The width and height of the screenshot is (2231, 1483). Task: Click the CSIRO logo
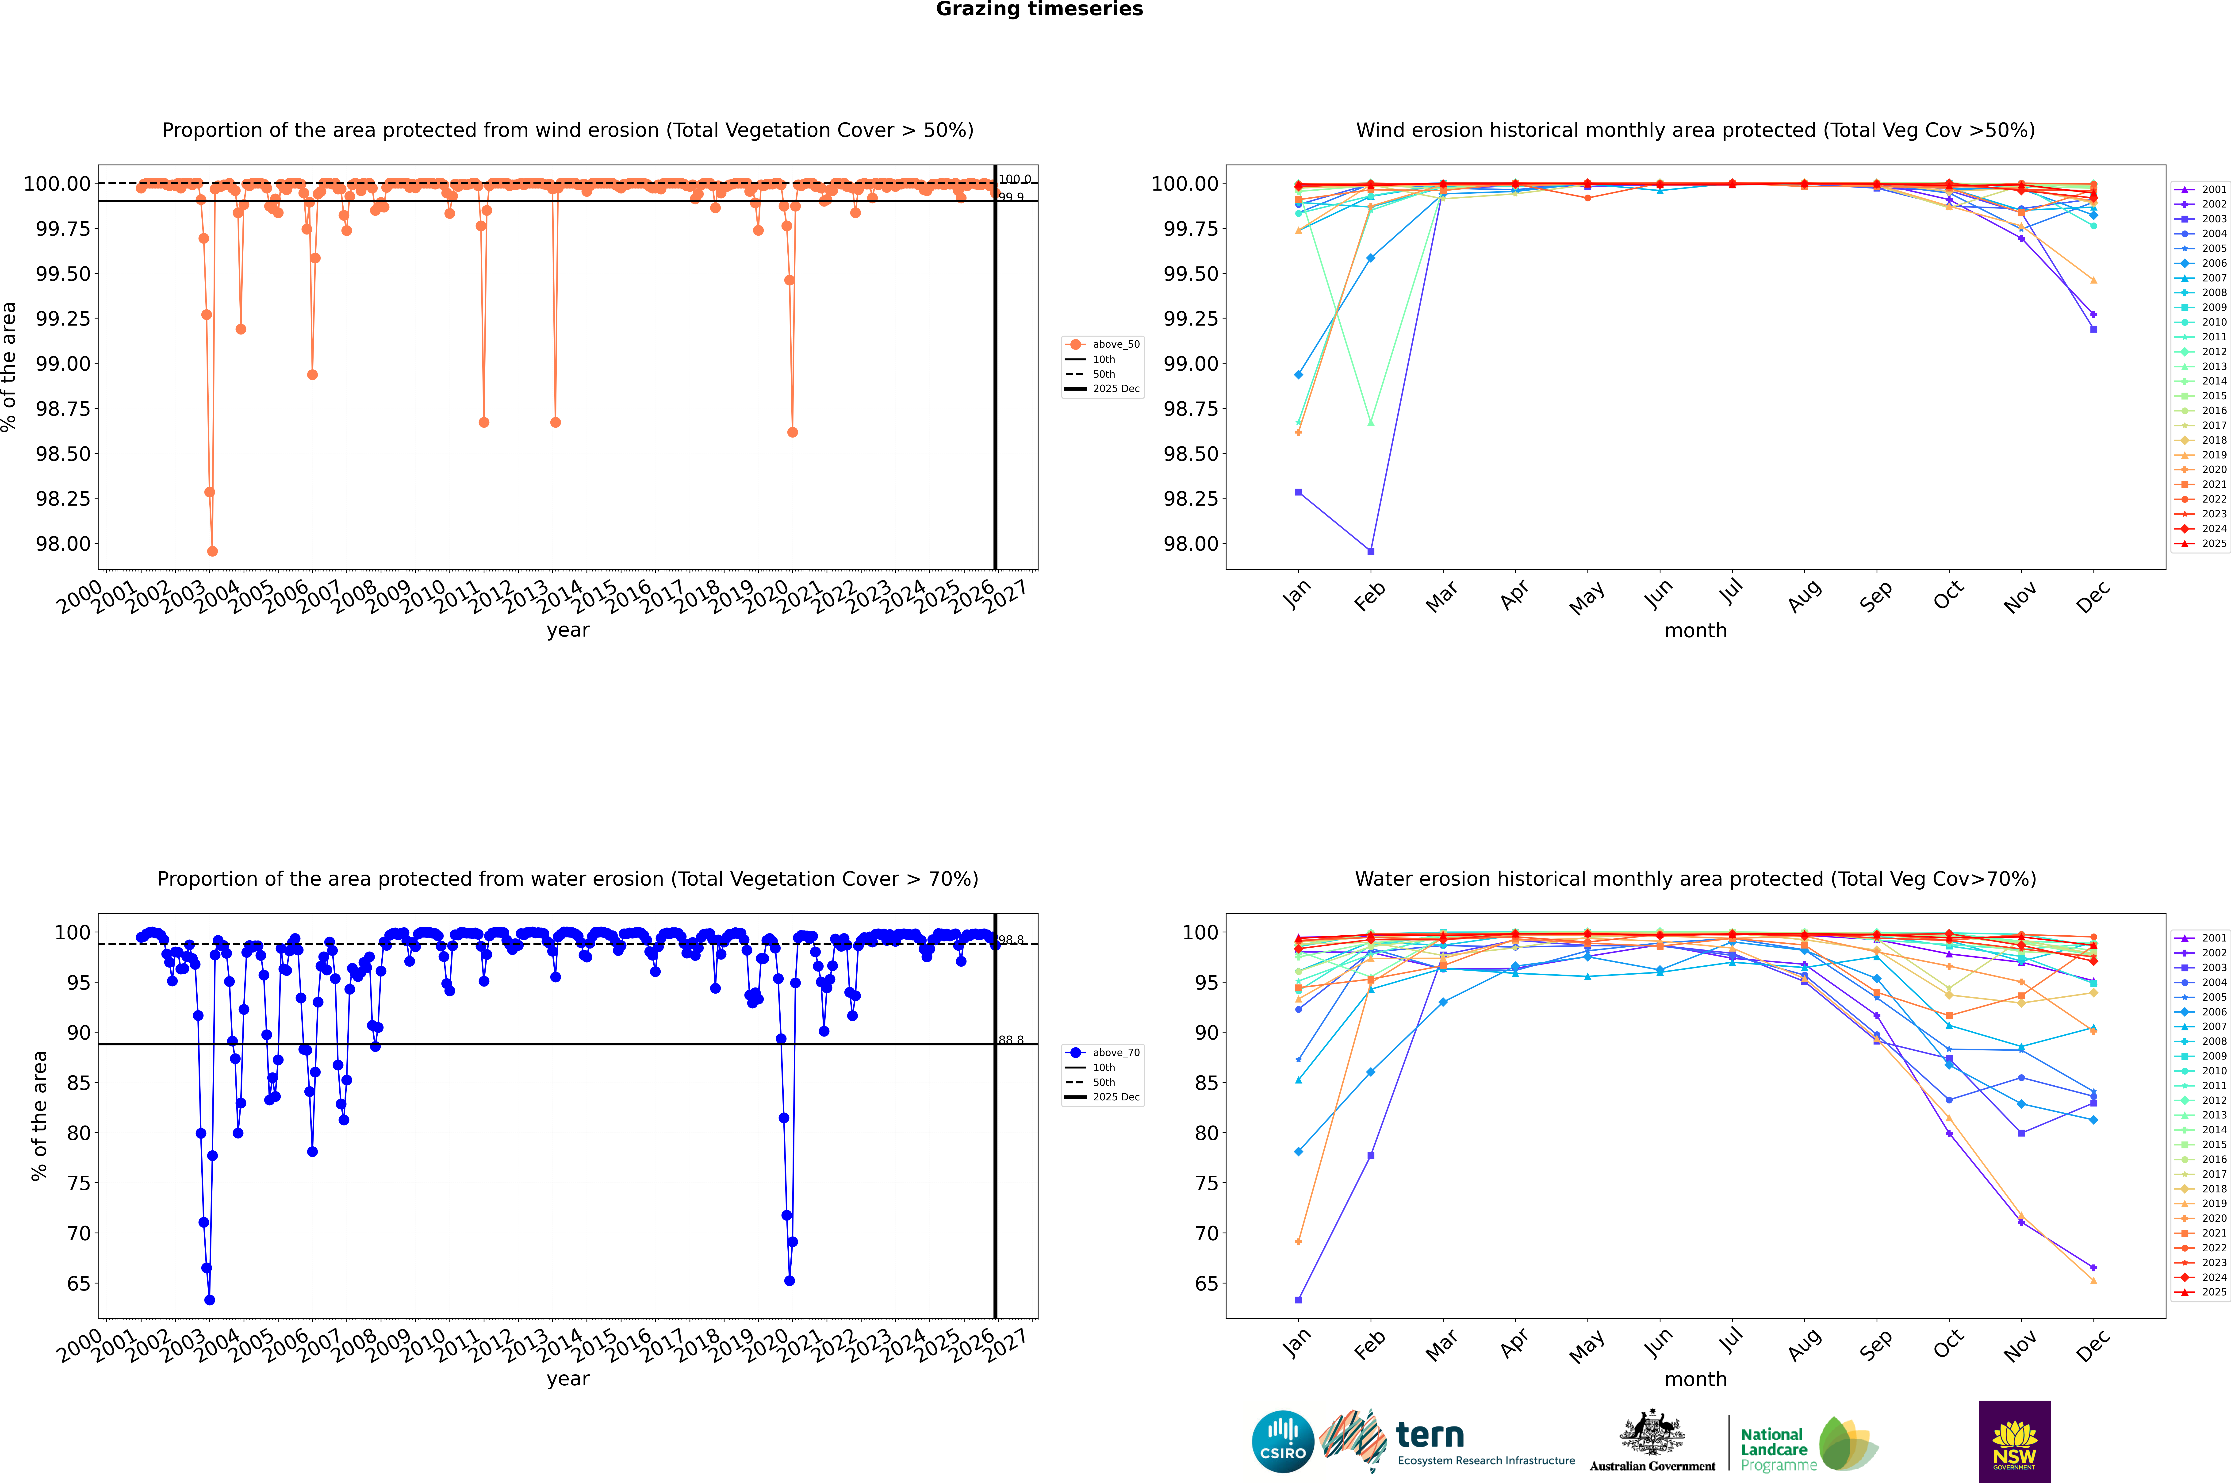point(1282,1441)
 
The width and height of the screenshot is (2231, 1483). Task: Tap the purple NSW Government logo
point(2014,1441)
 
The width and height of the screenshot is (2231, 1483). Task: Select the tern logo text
point(1430,1436)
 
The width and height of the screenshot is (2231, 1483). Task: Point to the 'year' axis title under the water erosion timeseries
point(567,1379)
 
